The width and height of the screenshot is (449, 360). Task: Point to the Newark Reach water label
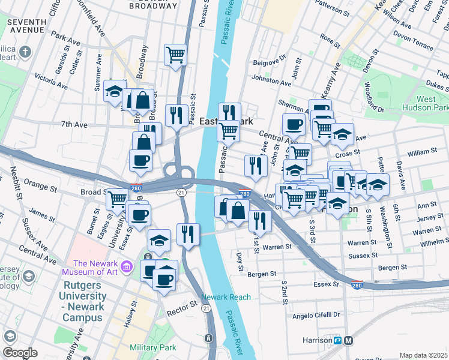(226, 297)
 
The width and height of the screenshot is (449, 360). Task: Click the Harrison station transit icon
(338, 341)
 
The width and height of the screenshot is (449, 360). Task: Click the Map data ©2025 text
(423, 355)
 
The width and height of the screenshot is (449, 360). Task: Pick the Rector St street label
(182, 305)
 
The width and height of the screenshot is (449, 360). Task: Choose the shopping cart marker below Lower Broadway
(176, 55)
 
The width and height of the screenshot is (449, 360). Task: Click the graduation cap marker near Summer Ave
(114, 92)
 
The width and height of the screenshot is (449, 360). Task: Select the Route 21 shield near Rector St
(206, 308)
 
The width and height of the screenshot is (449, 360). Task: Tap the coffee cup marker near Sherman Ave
(294, 125)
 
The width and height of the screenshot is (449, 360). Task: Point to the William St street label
(420, 154)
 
